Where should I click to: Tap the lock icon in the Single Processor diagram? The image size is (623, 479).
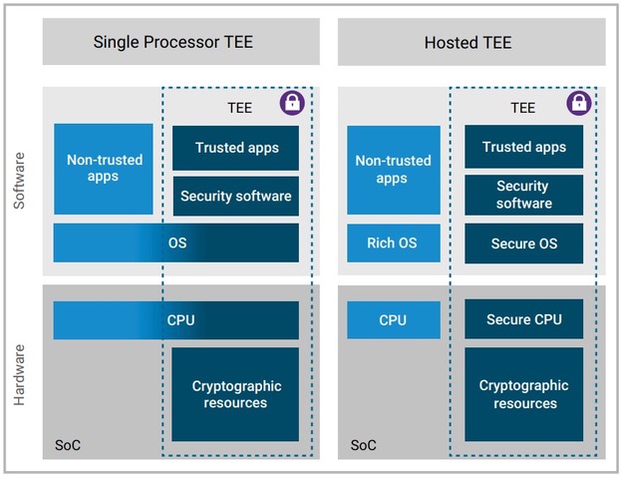pyautogui.click(x=292, y=102)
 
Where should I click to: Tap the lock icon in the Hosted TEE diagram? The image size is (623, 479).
pyautogui.click(x=579, y=102)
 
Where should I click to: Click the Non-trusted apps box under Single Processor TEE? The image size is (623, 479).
pyautogui.click(x=104, y=169)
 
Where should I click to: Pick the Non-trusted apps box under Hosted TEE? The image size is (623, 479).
pyautogui.click(x=392, y=169)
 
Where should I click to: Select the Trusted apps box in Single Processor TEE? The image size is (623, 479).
pyautogui.click(x=236, y=148)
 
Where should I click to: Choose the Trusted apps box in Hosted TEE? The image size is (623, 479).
pyautogui.click(x=524, y=148)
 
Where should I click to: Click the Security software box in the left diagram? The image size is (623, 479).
pyautogui.click(x=236, y=196)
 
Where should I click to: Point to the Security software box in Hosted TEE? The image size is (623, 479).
pyautogui.click(x=524, y=195)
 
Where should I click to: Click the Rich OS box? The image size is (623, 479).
pyautogui.click(x=392, y=243)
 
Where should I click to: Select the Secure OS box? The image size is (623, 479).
pyautogui.click(x=524, y=243)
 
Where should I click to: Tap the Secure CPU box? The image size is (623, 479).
pyautogui.click(x=524, y=320)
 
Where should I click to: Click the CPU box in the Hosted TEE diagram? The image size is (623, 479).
pyautogui.click(x=393, y=320)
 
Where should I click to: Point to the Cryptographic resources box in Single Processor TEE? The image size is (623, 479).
pyautogui.click(x=236, y=394)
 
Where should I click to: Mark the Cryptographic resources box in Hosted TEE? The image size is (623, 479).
pyautogui.click(x=524, y=394)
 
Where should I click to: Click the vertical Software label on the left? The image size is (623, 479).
pyautogui.click(x=20, y=181)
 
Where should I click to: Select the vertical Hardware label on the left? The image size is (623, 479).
pyautogui.click(x=20, y=375)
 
